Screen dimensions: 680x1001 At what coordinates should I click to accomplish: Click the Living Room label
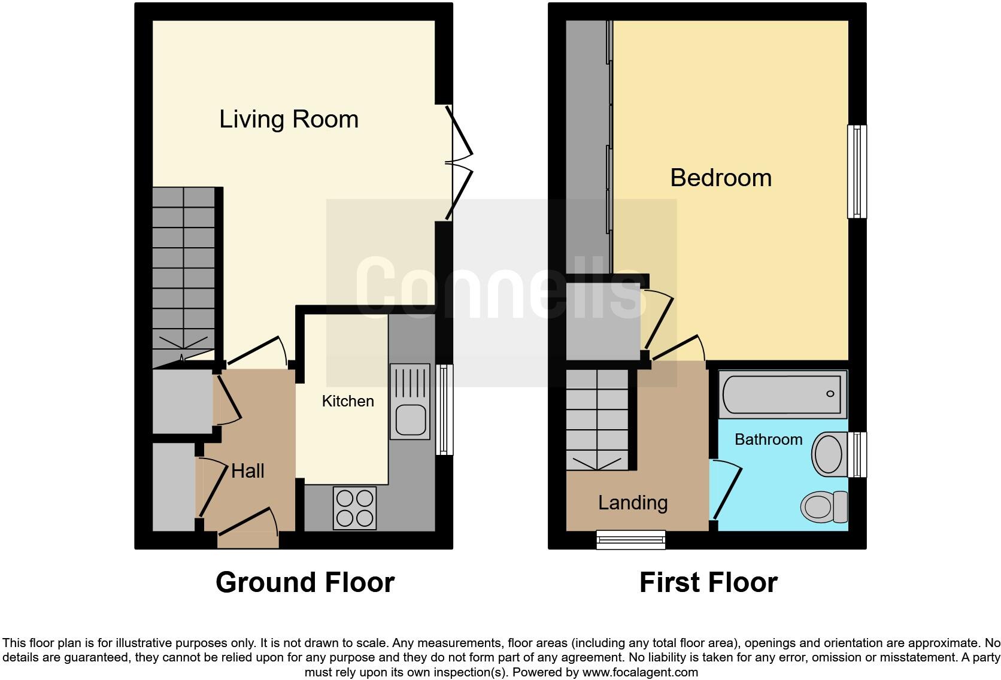(289, 119)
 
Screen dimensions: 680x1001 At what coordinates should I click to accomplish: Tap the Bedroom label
(720, 178)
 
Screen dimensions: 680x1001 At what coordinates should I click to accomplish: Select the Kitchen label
(347, 401)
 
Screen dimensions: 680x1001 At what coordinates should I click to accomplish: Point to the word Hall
(247, 471)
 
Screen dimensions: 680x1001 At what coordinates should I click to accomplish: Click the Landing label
(632, 502)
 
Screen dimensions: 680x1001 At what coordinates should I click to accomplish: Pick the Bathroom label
(768, 439)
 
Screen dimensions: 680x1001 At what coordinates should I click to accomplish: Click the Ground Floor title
(305, 582)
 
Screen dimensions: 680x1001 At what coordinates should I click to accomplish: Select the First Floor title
(708, 582)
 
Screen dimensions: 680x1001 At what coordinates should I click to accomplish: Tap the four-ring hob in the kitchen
(354, 508)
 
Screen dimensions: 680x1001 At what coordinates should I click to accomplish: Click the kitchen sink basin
(410, 419)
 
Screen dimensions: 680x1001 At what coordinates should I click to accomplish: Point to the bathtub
(782, 394)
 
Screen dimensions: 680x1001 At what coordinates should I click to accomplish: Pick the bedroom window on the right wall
(857, 171)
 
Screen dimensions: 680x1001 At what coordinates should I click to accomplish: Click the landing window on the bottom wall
(631, 539)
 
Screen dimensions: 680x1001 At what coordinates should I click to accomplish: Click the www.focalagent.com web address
(639, 672)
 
